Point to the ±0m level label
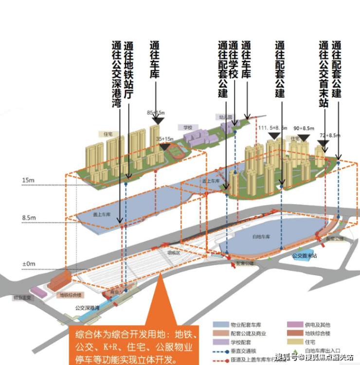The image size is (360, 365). pos(28,263)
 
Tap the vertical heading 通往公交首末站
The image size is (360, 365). pos(324,73)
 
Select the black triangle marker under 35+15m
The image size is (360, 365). pos(165,146)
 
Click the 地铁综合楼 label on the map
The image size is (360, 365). pos(71,295)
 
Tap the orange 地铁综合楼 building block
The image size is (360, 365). pos(59,279)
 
